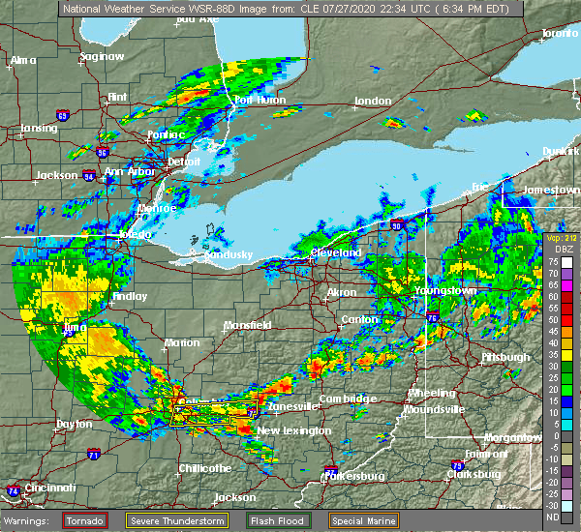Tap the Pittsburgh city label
505,357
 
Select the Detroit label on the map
184,162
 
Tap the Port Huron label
256,101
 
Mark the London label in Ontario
373,101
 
